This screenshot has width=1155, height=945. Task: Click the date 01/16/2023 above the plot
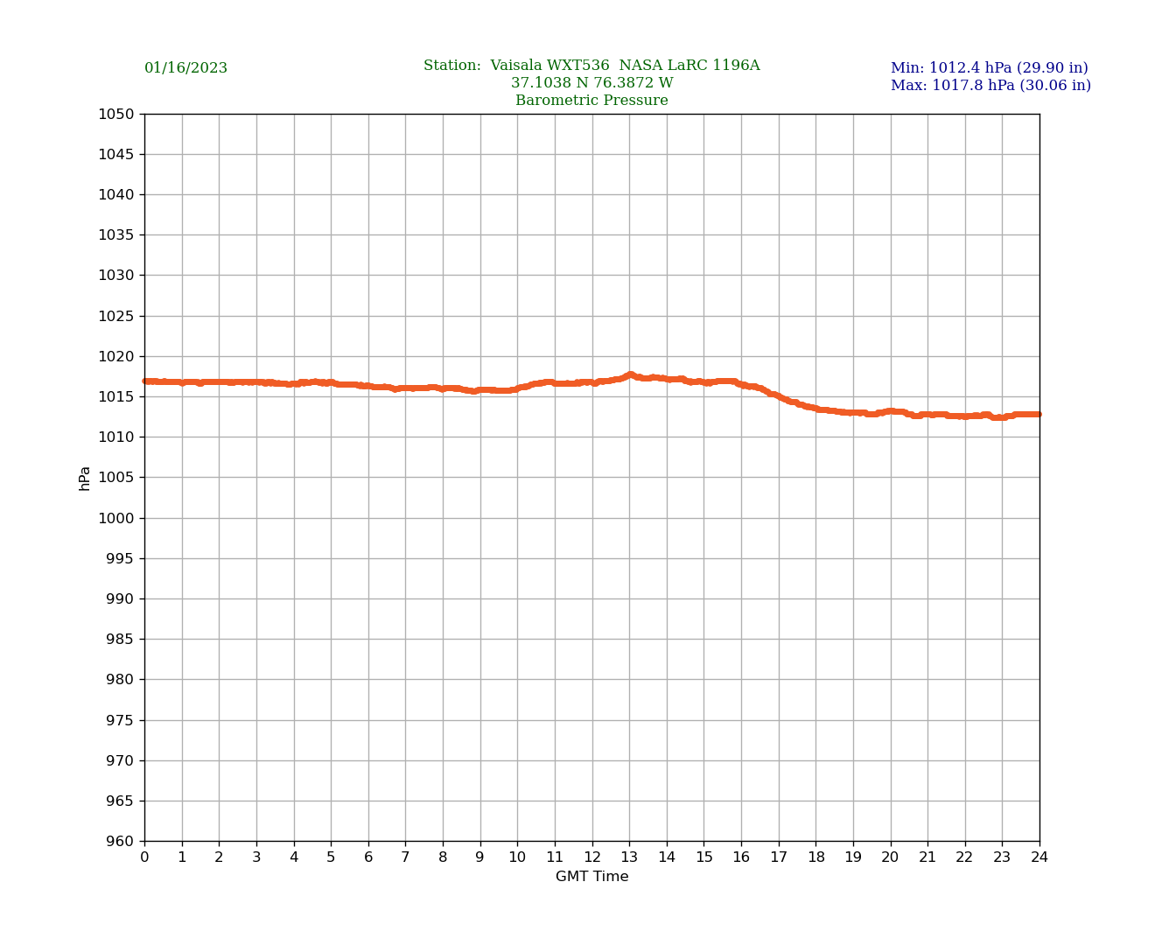pyautogui.click(x=185, y=68)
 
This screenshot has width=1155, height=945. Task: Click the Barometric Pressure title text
pyautogui.click(x=591, y=101)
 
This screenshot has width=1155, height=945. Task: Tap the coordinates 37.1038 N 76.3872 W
pyautogui.click(x=591, y=83)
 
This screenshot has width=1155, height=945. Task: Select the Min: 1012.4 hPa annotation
pyautogui.click(x=989, y=68)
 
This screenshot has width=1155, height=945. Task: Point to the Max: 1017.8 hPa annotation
pyautogui.click(x=990, y=86)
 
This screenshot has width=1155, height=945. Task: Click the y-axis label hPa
pyautogui.click(x=85, y=478)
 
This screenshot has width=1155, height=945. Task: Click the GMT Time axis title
pyautogui.click(x=591, y=877)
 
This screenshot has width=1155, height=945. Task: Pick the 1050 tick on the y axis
pyautogui.click(x=116, y=114)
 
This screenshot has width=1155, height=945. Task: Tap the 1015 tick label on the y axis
pyautogui.click(x=116, y=396)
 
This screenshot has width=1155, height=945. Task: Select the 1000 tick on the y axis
pyautogui.click(x=116, y=518)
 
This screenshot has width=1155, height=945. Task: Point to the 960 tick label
pyautogui.click(x=120, y=841)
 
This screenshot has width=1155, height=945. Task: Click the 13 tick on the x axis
pyautogui.click(x=629, y=857)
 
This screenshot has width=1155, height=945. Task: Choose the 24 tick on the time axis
pyautogui.click(x=1039, y=857)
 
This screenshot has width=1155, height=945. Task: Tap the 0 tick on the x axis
pyautogui.click(x=144, y=857)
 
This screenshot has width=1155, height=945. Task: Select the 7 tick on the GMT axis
pyautogui.click(x=405, y=857)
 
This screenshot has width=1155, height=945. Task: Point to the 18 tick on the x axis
pyautogui.click(x=815, y=857)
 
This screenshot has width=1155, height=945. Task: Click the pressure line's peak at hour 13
pyautogui.click(x=629, y=375)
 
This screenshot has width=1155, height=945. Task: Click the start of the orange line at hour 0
pyautogui.click(x=145, y=381)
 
